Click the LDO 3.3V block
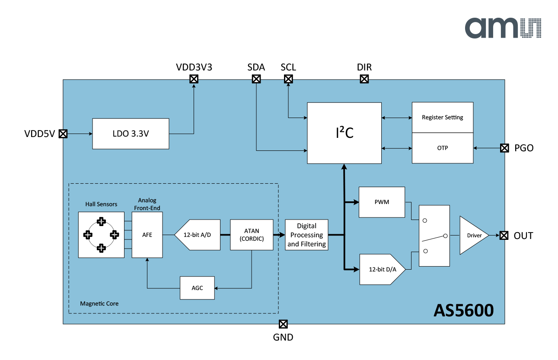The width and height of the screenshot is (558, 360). point(131,134)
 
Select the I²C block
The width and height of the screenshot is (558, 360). point(344,133)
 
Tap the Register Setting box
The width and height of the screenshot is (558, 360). point(442,118)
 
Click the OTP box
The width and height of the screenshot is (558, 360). point(442,148)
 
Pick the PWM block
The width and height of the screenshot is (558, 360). point(382,202)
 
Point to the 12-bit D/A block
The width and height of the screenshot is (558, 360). point(380,269)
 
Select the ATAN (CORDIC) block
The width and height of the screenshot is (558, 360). point(252,235)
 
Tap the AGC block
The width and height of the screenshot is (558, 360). point(197,288)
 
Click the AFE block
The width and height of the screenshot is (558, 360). point(147,235)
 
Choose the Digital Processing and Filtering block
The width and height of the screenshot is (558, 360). point(306,235)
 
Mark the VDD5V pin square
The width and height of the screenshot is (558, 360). point(63,134)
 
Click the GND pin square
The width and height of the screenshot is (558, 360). point(283,324)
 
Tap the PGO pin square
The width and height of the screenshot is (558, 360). point(504,148)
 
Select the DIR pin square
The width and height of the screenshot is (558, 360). point(364,79)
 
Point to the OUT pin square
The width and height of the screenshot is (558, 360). point(504,236)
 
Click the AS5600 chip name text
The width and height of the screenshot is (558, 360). point(463,310)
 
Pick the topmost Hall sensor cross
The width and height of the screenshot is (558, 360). point(101,221)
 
